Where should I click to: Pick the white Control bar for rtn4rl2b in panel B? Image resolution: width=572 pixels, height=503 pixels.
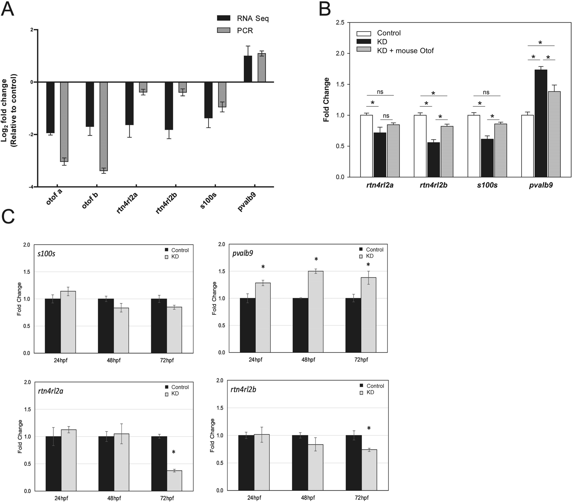tap(420, 146)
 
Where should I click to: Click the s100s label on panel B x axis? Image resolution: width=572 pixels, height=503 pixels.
tap(486, 185)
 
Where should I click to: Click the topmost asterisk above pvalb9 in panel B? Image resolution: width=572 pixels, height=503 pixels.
tap(540, 43)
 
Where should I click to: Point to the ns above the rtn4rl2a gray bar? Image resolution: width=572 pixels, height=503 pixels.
tap(386, 116)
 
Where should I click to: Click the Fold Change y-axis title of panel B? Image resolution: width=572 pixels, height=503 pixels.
tap(326, 99)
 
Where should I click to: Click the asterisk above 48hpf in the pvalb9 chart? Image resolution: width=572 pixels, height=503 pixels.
tap(316, 260)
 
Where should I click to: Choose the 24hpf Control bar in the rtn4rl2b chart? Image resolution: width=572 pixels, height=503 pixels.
tap(246, 463)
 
